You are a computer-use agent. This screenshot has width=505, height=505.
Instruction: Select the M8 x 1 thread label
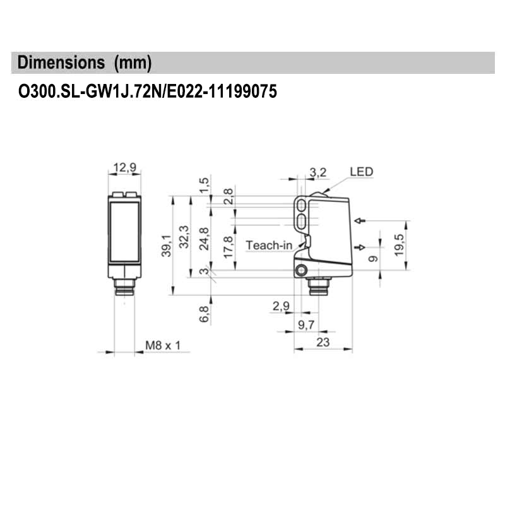[x=163, y=345]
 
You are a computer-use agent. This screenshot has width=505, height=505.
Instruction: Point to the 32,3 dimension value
[x=184, y=236]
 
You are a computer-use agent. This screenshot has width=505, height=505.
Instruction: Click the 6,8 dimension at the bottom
[x=203, y=314]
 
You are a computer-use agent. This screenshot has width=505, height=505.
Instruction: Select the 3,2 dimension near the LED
[x=318, y=172]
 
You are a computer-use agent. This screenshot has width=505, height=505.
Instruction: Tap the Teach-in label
[x=269, y=245]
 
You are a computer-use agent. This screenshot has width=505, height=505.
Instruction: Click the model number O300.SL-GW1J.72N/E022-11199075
[x=147, y=92]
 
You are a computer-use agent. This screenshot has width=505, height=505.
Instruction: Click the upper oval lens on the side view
[x=302, y=206]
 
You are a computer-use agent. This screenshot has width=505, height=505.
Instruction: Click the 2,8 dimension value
[x=228, y=196]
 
